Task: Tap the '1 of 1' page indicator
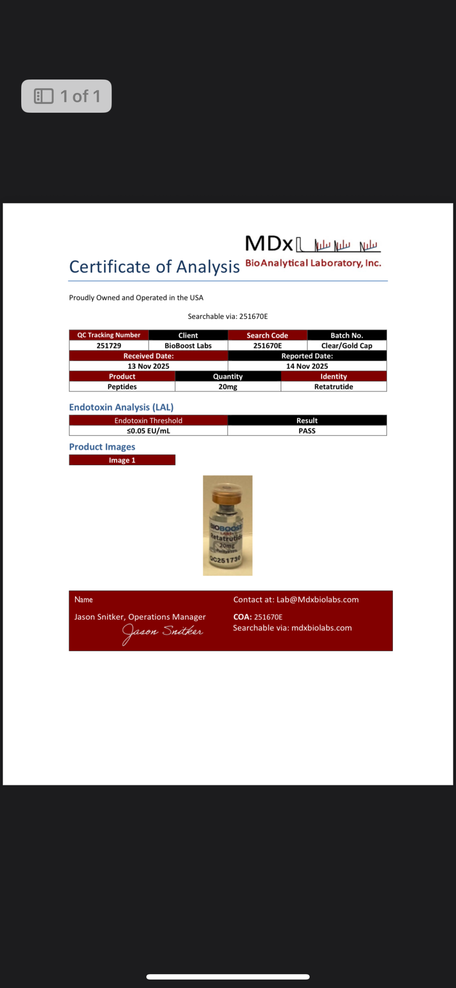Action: click(x=66, y=96)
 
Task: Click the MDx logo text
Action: click(x=269, y=244)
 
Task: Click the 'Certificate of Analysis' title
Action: click(x=154, y=267)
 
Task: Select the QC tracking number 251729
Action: click(x=108, y=345)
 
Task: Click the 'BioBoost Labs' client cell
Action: click(x=188, y=345)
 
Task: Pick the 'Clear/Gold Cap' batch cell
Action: click(x=347, y=345)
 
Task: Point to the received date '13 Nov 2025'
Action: click(x=148, y=366)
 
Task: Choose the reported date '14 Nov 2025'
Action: click(x=307, y=366)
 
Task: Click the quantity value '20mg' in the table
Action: click(x=228, y=387)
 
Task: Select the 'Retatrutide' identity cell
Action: click(x=334, y=387)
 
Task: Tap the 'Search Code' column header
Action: click(x=267, y=335)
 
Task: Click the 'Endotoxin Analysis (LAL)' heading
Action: click(x=121, y=407)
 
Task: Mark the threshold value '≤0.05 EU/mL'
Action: click(x=148, y=431)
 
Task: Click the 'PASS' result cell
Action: click(x=307, y=431)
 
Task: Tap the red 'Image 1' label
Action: click(x=122, y=460)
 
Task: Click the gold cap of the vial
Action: click(x=228, y=496)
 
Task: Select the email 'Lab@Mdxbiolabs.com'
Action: click(x=317, y=599)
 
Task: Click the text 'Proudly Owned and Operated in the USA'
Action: click(x=136, y=298)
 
